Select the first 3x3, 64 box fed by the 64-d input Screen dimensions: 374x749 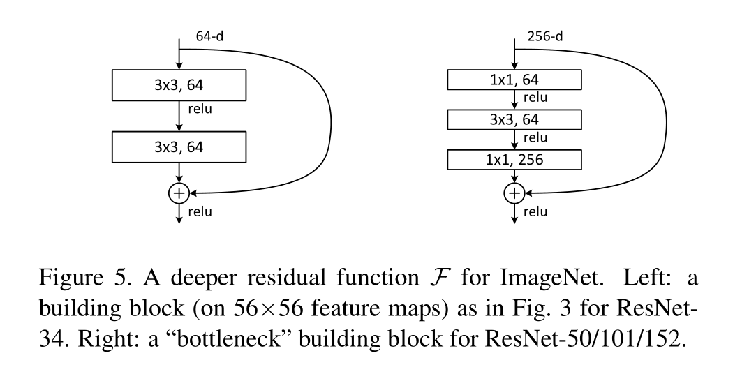coord(179,86)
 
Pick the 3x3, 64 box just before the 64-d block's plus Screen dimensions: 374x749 coord(179,147)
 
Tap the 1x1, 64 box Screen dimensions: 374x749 coord(514,80)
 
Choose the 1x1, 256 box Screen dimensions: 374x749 coord(514,160)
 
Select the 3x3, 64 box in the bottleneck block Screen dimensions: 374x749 coord(514,120)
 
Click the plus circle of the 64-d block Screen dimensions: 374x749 coord(180,193)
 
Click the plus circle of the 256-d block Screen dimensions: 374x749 coord(514,193)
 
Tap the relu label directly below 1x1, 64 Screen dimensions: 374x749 coord(535,98)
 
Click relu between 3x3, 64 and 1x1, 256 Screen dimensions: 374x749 coord(535,138)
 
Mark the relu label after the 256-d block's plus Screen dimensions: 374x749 coord(535,211)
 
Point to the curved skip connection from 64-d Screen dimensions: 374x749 coord(328,119)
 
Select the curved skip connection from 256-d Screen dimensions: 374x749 coord(663,119)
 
